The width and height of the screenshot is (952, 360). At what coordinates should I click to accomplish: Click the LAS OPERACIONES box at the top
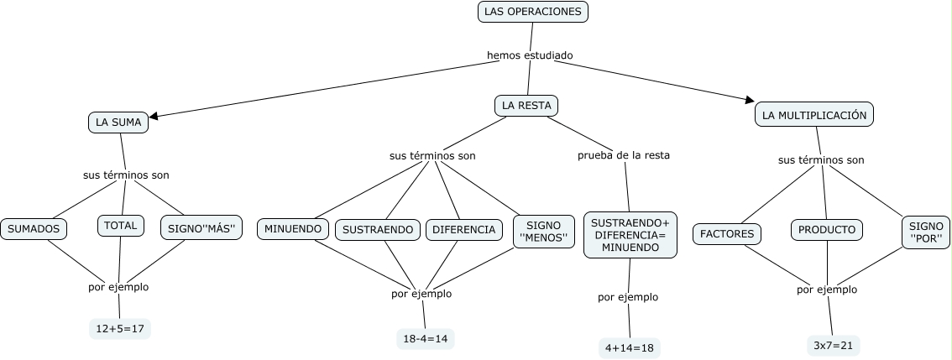click(x=533, y=12)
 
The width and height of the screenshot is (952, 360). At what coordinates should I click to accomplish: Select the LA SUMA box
click(x=118, y=123)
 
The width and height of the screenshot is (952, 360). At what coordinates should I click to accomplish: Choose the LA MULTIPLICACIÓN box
click(x=814, y=115)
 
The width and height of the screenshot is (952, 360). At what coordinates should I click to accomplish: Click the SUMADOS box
click(x=34, y=228)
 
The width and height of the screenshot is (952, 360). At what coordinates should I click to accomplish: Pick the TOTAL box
click(x=122, y=226)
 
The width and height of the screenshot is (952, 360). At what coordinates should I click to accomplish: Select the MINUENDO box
click(x=293, y=229)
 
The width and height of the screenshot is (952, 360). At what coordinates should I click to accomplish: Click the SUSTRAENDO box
click(x=379, y=229)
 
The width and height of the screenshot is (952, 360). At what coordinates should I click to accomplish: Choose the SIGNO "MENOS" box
click(x=543, y=232)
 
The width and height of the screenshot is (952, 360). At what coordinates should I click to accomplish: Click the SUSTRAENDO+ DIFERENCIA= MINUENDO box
click(x=630, y=235)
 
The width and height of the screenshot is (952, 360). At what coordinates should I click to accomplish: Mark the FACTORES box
click(x=727, y=233)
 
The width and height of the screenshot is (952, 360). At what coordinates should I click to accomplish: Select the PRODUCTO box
click(x=827, y=229)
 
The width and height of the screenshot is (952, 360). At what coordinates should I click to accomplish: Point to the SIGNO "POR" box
click(x=926, y=233)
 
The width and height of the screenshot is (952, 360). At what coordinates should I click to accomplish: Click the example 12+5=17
click(x=120, y=329)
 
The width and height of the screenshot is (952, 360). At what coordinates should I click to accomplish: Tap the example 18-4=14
click(x=426, y=338)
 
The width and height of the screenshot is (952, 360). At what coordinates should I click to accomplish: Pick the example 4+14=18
click(x=629, y=347)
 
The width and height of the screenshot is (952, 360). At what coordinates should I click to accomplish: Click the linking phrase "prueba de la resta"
click(x=624, y=155)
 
